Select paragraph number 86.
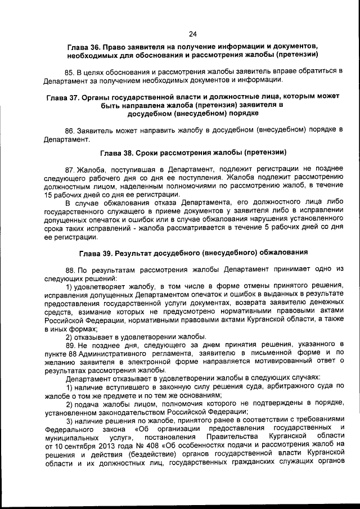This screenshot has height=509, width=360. [70, 130]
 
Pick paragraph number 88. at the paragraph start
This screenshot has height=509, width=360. [70, 269]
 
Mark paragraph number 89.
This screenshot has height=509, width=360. [70, 344]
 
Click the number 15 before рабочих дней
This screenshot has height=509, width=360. [48, 193]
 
